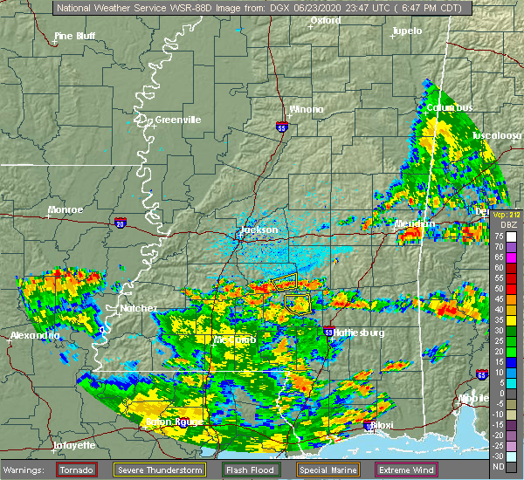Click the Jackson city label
(259, 230)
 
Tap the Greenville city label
(178, 120)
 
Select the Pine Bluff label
(75, 36)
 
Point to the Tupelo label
(407, 31)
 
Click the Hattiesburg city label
(361, 333)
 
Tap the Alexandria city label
(35, 336)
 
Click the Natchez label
(139, 308)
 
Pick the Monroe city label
(65, 210)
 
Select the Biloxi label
(383, 426)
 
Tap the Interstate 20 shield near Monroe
(119, 223)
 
